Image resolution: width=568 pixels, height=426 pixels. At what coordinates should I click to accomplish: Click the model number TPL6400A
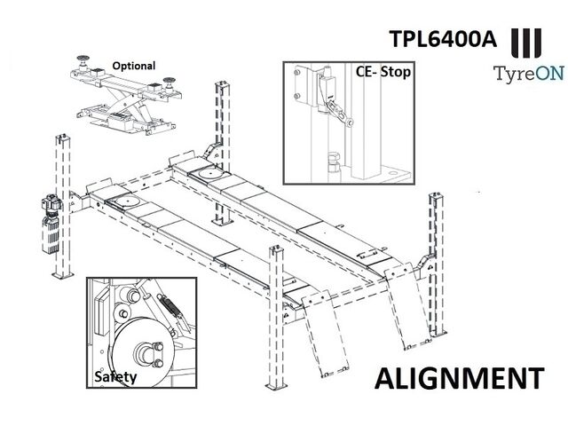pyautogui.click(x=442, y=38)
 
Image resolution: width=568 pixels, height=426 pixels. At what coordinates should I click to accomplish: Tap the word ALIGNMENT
pyautogui.click(x=460, y=378)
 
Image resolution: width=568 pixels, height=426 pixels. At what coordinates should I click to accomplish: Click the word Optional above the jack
pyautogui.click(x=134, y=66)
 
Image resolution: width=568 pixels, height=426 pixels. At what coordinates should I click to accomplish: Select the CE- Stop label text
pyautogui.click(x=383, y=71)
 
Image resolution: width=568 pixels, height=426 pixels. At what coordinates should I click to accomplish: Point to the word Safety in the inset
pyautogui.click(x=115, y=377)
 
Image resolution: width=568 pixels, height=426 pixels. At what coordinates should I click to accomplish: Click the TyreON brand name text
pyautogui.click(x=529, y=74)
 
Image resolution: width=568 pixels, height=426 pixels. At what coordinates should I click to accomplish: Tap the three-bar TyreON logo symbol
pyautogui.click(x=526, y=43)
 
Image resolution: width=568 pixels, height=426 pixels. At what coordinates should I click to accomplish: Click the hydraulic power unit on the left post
pyautogui.click(x=51, y=225)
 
